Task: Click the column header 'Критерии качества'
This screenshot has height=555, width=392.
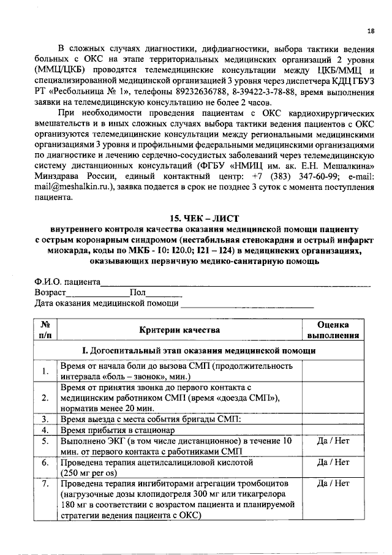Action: (x=179, y=330)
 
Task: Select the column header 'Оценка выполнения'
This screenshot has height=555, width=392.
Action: (x=333, y=330)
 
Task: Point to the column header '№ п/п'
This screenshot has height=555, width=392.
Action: (x=45, y=330)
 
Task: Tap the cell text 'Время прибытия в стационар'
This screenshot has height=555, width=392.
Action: (x=118, y=430)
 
